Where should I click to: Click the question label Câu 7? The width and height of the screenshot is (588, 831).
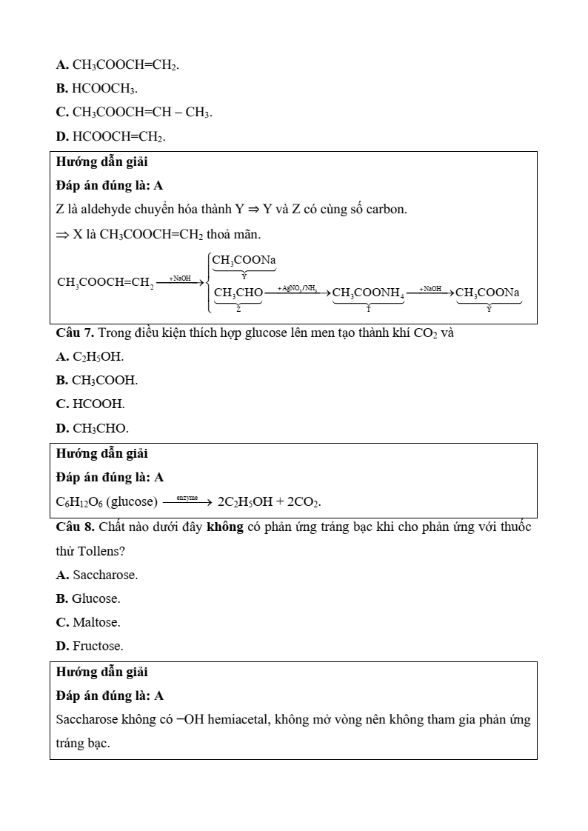(x=75, y=333)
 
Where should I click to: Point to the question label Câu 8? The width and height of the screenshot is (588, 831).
(x=75, y=527)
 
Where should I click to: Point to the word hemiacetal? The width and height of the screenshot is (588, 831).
(x=239, y=719)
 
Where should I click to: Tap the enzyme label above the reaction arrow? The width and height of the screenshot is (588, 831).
(x=187, y=498)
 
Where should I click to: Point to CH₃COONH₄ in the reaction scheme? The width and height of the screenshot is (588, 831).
(x=368, y=293)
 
